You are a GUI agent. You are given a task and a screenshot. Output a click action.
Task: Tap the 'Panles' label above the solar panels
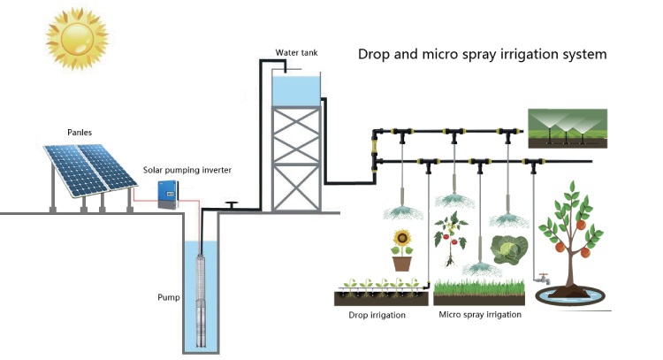80,132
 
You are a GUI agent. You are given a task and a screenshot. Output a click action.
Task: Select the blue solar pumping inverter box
167,194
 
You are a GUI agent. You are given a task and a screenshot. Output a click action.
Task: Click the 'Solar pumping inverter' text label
187,168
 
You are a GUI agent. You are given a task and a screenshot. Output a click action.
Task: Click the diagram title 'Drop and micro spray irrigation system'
482,54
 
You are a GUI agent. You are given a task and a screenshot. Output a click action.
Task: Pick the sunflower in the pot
402,241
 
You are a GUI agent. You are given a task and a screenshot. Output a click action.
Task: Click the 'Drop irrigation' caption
376,315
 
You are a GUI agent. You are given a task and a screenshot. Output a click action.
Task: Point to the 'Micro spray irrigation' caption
480,315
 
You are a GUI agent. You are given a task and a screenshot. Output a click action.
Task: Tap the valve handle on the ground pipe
232,204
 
